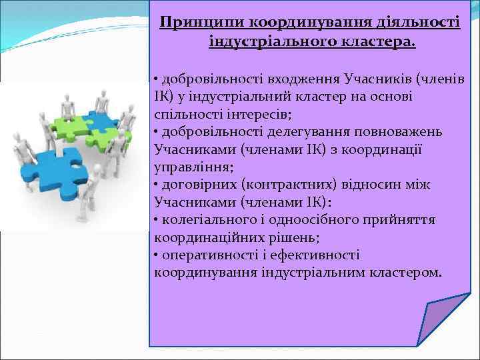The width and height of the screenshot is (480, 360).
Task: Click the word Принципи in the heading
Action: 202,23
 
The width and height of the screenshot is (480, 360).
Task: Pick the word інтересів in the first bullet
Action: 246,113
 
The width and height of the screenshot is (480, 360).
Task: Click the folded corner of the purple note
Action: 443,321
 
